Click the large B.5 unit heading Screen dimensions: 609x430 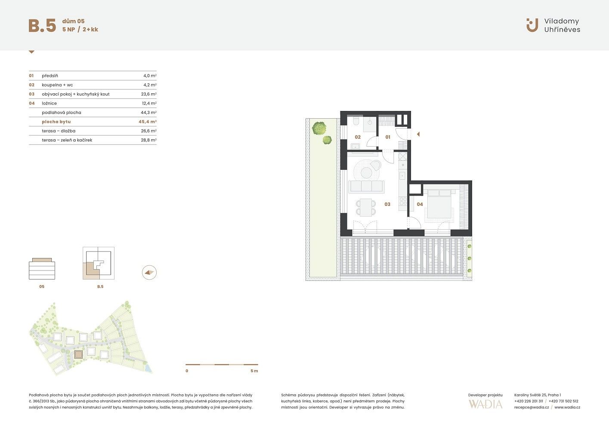tap(42, 25)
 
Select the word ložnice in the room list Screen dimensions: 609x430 tap(49, 103)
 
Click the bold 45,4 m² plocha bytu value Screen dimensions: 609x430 tap(147, 122)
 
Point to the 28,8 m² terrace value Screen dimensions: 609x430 tap(148, 140)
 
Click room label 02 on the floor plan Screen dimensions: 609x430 tap(358, 137)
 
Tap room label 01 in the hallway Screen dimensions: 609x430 tap(388, 137)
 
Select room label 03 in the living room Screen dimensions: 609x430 tap(387, 204)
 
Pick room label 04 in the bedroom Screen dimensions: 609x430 tap(420, 204)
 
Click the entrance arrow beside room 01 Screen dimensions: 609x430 tap(418, 134)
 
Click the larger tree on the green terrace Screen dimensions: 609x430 tap(319, 128)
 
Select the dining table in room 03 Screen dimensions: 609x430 tap(366, 207)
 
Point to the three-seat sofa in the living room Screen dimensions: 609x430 tap(367, 186)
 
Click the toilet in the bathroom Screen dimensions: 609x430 tap(356, 121)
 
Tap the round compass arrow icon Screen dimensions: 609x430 tap(149, 273)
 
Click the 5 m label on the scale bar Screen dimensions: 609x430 tap(254, 371)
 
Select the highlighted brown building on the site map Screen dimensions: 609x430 tap(78, 354)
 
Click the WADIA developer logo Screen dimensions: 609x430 tap(485, 405)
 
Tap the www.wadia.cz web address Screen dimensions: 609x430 tap(567, 407)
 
